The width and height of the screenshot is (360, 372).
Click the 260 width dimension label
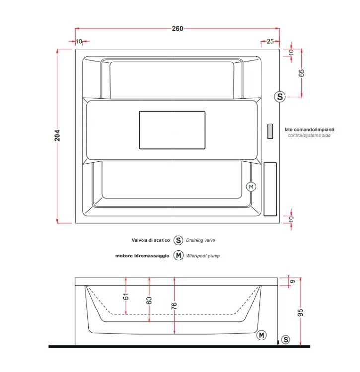pos(177,28)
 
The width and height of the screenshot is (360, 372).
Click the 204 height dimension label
pos(57,135)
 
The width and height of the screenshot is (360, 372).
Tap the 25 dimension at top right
pos(270,41)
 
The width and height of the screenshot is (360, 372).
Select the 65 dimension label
pos(301,73)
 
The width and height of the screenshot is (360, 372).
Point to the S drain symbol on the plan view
pos(280,97)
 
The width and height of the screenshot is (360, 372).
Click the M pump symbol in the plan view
pos(251,186)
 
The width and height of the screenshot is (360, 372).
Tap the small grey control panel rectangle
pos(270,131)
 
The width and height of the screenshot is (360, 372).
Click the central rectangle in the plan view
pos(172,130)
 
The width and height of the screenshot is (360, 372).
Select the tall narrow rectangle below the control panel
pos(270,189)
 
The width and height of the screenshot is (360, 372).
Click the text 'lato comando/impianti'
pos(309,129)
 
